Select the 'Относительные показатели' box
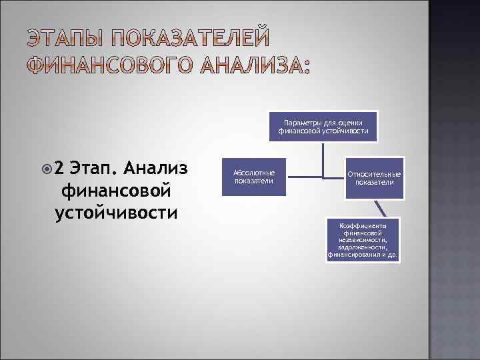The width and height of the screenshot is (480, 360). click(x=373, y=178)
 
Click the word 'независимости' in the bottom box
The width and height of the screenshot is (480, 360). click(x=363, y=240)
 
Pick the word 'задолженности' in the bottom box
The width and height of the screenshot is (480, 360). click(x=363, y=247)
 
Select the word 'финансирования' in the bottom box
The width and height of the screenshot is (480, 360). click(x=353, y=255)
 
